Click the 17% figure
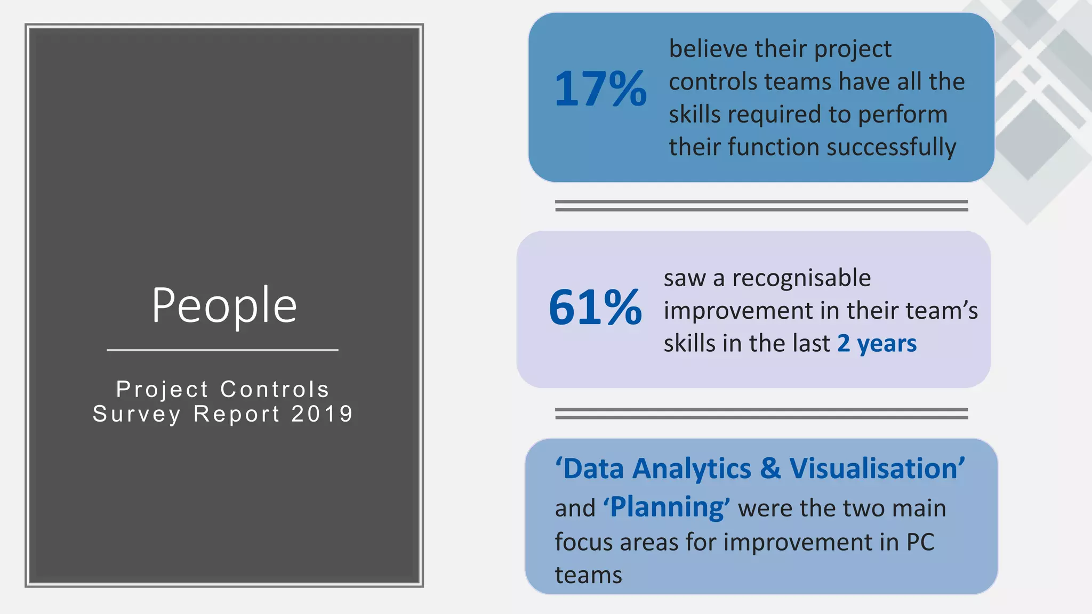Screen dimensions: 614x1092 coord(600,89)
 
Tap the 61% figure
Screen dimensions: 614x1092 coord(595,308)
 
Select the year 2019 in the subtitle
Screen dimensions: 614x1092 coord(323,414)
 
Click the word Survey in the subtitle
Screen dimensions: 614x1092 coord(137,414)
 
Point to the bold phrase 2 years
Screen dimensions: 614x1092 coord(877,343)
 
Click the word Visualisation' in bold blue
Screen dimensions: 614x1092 coord(877,468)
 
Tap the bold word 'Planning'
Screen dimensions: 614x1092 coord(666,507)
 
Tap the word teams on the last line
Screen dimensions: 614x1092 coord(588,575)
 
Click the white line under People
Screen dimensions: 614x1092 coord(222,350)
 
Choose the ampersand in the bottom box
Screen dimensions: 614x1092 coord(770,468)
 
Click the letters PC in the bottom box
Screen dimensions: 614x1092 coord(920,542)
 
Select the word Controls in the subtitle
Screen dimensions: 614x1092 coord(275,390)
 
